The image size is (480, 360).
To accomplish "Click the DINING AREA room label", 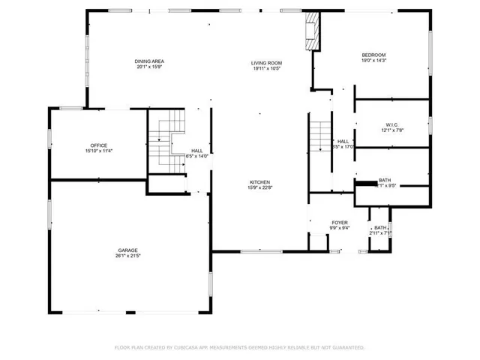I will point(149,61).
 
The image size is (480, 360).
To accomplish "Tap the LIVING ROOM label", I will point(266,62).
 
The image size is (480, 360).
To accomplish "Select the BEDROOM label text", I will point(373,55).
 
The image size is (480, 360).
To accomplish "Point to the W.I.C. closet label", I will point(392,124).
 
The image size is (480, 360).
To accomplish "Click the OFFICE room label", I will point(99,145).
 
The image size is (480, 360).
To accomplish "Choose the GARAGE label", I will point(128,250).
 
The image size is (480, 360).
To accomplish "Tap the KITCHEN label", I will point(259,182).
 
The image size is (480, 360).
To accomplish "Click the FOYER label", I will point(340,223).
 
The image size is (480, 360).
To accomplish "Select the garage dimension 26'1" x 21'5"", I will point(128,256).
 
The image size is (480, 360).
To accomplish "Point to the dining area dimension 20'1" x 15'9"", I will point(149,67).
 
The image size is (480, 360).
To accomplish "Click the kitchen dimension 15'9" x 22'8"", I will point(259,188).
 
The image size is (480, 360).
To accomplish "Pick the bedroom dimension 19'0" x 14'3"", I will point(373,61).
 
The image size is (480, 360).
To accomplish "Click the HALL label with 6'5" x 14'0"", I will point(197,150).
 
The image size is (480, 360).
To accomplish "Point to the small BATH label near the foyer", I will point(380,228).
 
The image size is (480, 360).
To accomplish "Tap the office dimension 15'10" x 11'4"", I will point(99,151).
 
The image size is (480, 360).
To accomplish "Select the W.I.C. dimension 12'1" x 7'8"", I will point(392,130).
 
